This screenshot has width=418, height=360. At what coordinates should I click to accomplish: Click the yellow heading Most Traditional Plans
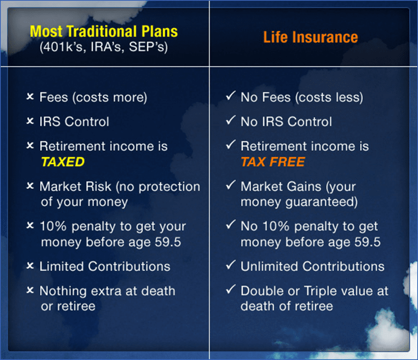coord(104,31)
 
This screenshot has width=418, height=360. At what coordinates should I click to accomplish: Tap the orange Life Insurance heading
coord(311,37)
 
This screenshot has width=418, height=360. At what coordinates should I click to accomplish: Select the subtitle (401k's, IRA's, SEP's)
coord(104,47)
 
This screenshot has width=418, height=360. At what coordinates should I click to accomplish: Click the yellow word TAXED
coord(63,162)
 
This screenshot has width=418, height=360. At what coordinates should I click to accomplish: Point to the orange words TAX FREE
coord(273,162)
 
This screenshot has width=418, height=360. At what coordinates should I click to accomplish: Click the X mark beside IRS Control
coord(30,121)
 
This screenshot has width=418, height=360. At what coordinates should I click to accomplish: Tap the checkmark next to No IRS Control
coord(231,120)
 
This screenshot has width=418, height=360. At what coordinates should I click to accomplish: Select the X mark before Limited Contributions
coord(30,266)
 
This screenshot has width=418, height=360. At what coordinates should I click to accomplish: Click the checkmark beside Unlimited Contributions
coord(231,265)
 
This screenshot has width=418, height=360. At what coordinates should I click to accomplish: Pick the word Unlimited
coord(269,266)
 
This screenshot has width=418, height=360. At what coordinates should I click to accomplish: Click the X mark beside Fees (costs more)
coord(30,97)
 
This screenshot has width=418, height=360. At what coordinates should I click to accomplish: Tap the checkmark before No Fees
coord(231,95)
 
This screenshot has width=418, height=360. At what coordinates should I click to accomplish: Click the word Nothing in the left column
coord(63,291)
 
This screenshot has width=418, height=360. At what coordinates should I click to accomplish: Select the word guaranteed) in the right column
coord(322,202)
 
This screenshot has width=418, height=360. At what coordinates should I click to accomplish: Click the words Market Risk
coord(76,186)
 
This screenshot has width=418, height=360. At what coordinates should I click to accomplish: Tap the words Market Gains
coord(281,186)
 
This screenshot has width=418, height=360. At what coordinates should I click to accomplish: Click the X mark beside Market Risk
coord(30,186)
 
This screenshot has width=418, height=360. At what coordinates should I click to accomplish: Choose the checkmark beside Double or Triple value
coord(231,289)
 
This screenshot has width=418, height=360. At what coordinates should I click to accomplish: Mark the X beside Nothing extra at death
coord(30,290)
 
